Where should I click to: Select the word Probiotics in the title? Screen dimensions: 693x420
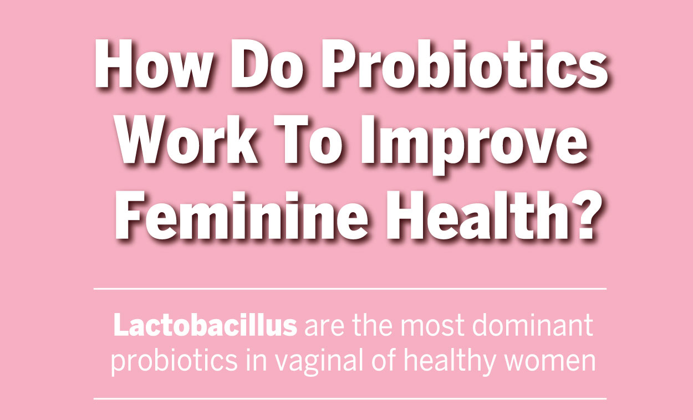click(464, 64)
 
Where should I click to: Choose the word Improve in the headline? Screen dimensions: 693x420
click(473, 144)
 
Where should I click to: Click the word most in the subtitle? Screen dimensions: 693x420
click(432, 326)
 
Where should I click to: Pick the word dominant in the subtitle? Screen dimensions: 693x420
click(533, 325)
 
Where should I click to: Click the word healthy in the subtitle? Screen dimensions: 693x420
click(450, 362)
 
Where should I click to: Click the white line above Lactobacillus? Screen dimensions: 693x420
click(350, 289)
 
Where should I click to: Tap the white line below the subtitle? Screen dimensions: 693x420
click(350, 399)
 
